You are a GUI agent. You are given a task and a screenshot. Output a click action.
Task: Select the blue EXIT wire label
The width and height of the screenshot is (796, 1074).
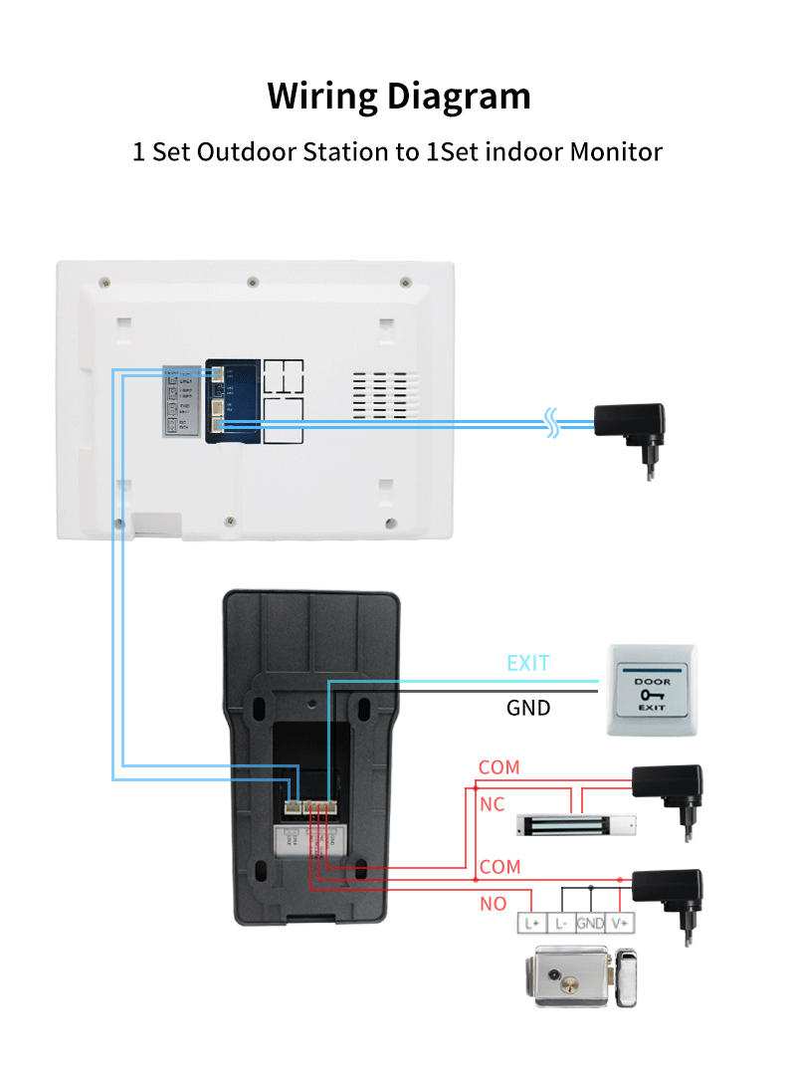pyautogui.click(x=527, y=663)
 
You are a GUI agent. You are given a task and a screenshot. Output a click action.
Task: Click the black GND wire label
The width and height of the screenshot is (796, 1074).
pyautogui.click(x=528, y=708)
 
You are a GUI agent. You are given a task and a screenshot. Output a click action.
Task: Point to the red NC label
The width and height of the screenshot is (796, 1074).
pyautogui.click(x=493, y=803)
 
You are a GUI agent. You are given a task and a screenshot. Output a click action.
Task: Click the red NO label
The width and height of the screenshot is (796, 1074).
pyautogui.click(x=494, y=904)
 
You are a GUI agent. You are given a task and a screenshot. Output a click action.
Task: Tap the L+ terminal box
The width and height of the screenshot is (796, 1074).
pyautogui.click(x=531, y=923)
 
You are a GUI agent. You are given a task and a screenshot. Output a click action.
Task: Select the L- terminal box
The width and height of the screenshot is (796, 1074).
pyautogui.click(x=561, y=923)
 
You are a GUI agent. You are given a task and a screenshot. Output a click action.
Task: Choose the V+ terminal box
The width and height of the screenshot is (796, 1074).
pyautogui.click(x=621, y=923)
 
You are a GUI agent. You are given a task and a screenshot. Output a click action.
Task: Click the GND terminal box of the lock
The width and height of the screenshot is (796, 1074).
pyautogui.click(x=591, y=923)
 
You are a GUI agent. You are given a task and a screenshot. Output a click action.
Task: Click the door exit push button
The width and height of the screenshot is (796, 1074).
pyautogui.click(x=653, y=690)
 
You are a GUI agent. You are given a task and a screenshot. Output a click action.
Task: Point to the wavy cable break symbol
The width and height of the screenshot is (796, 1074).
pyautogui.click(x=550, y=422)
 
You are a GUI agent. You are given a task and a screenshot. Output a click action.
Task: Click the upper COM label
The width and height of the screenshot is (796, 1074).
pyautogui.click(x=498, y=767)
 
